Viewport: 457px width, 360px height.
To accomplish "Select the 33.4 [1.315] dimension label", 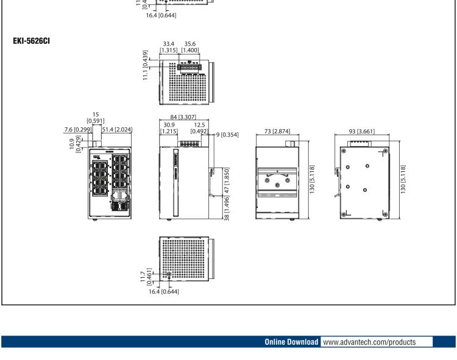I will coord(168,47).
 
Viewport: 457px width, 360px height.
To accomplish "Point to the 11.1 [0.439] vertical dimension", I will coord(146,62).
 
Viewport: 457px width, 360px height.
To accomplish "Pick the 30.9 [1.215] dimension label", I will coord(168,128).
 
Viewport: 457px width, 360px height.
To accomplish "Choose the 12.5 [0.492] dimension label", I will coord(198,128).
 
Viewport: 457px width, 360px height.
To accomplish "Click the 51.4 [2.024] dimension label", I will coord(117,129).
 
